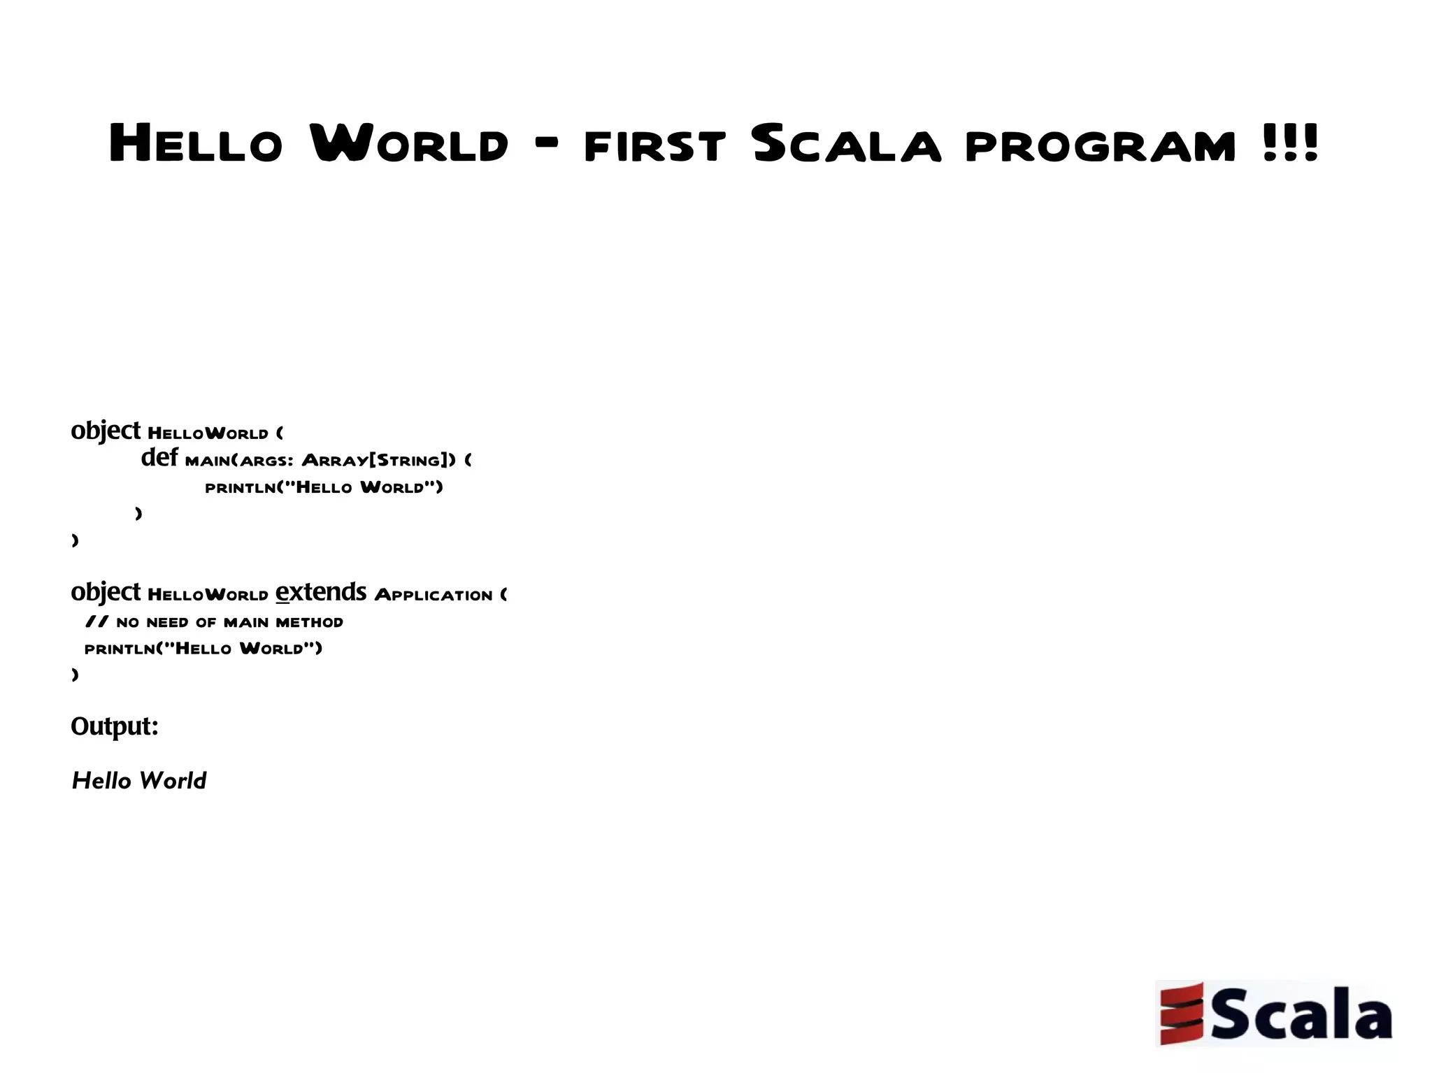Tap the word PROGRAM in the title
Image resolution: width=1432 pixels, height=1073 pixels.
(x=1100, y=146)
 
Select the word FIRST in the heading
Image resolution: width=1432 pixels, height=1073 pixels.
(x=654, y=146)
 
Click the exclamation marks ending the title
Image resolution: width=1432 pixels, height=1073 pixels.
(x=1291, y=143)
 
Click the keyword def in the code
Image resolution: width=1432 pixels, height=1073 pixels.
(x=159, y=458)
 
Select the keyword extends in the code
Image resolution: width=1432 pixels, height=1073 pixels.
(x=321, y=592)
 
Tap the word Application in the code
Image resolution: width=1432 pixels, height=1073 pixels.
(x=434, y=595)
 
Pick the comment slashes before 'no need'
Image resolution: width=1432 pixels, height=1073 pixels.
(x=96, y=621)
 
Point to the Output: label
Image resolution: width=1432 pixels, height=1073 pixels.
(x=115, y=727)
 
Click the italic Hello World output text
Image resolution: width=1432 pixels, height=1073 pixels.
(x=139, y=781)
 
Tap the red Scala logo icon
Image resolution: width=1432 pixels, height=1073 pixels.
(x=1181, y=1013)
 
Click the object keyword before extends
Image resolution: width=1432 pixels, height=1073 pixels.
(x=106, y=593)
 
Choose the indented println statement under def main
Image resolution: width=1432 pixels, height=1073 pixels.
(x=324, y=487)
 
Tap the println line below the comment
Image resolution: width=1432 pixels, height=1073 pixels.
(x=203, y=649)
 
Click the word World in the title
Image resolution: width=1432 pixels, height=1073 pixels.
(x=409, y=144)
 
